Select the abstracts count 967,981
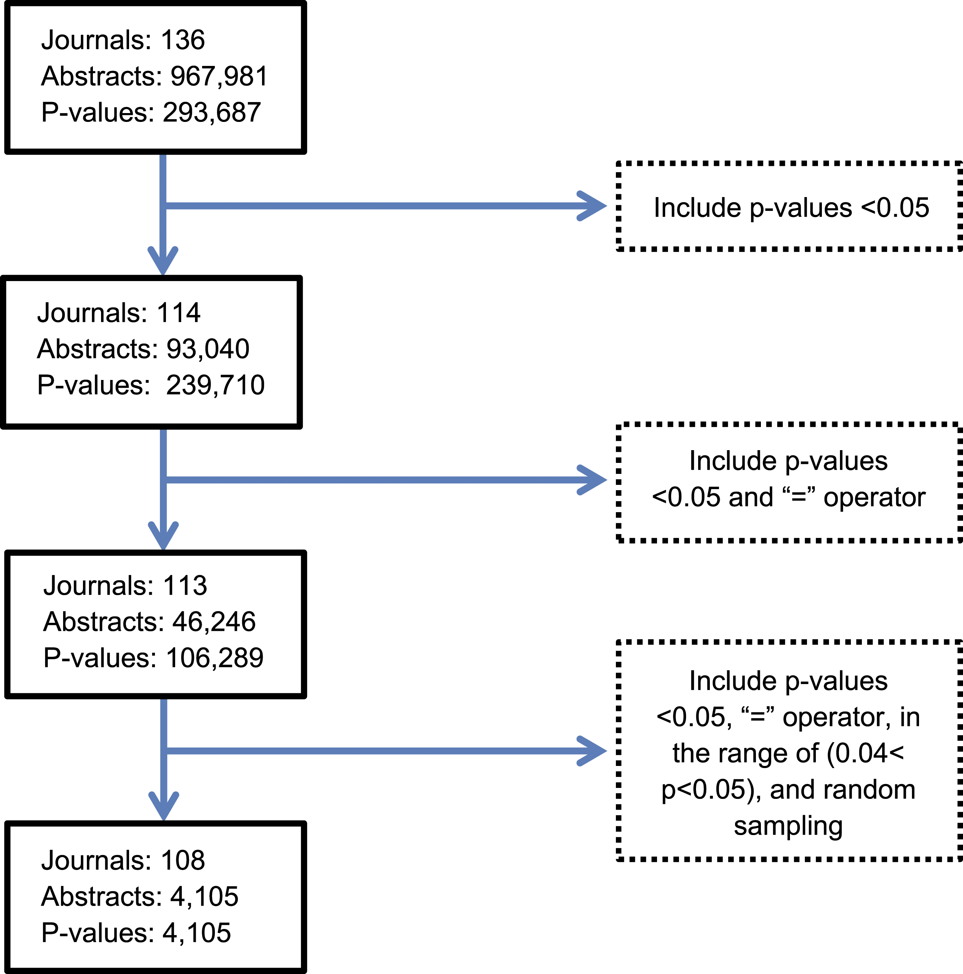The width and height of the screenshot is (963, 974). click(219, 76)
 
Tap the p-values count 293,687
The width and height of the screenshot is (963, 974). click(212, 112)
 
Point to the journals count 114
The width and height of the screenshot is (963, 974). click(178, 313)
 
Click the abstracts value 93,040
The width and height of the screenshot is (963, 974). click(208, 349)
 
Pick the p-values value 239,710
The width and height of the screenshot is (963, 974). click(215, 385)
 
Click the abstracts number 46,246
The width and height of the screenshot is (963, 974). click(214, 622)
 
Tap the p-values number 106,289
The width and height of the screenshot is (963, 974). click(215, 658)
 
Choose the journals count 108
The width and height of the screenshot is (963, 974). click(183, 860)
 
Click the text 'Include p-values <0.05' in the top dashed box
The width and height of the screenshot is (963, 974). click(791, 208)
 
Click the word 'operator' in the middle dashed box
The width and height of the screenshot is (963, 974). click(874, 498)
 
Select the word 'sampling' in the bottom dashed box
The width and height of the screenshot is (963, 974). click(788, 826)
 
